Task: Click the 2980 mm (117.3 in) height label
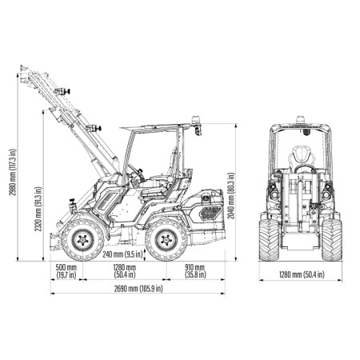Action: (x=13, y=172)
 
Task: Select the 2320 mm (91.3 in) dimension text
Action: (x=38, y=209)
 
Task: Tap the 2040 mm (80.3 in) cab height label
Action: (x=231, y=196)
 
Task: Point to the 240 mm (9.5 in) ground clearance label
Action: (x=122, y=254)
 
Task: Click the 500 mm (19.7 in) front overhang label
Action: (x=66, y=271)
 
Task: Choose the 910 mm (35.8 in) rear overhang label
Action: (x=195, y=271)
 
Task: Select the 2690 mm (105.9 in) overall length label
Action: (x=138, y=288)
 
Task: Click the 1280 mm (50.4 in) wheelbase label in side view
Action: (x=125, y=271)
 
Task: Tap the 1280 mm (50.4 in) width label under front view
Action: (x=302, y=274)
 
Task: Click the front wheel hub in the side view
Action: (x=83, y=239)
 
